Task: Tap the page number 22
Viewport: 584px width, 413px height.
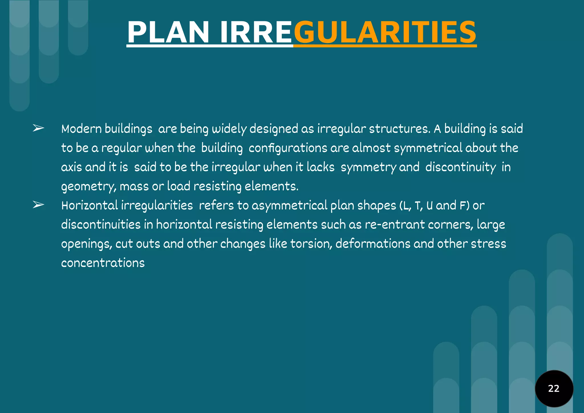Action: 554,388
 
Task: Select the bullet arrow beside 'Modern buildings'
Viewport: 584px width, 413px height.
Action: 38,128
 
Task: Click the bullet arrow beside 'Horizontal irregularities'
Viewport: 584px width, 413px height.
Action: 38,205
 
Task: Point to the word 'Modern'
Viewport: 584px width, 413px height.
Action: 82,129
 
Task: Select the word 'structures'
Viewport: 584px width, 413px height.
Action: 399,129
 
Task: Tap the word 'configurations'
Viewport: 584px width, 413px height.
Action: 288,148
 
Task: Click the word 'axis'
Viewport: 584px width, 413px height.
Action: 71,167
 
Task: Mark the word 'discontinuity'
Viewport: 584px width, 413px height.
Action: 461,167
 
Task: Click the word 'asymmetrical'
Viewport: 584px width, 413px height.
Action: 289,206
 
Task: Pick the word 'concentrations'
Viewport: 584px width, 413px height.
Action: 103,263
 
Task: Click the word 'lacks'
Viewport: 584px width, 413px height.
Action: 321,167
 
